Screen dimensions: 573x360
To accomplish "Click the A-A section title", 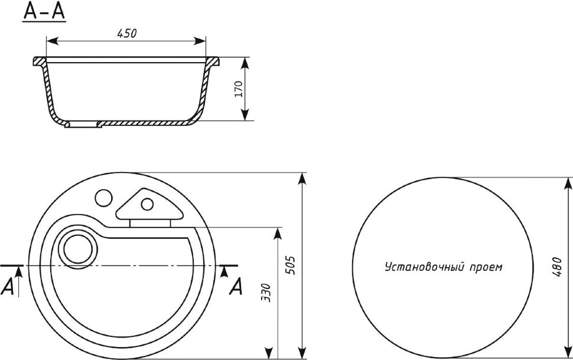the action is (x=44, y=11).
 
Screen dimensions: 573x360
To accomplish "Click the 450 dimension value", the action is (x=126, y=33).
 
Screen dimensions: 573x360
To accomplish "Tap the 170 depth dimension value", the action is (x=238, y=89).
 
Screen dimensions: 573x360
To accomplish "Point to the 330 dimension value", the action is (x=267, y=293).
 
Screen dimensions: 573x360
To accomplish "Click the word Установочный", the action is (x=424, y=267).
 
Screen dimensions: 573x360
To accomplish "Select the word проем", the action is (x=486, y=268).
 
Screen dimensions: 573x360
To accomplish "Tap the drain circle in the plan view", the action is (x=78, y=249).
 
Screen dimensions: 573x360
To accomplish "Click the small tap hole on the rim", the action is (x=104, y=198).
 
